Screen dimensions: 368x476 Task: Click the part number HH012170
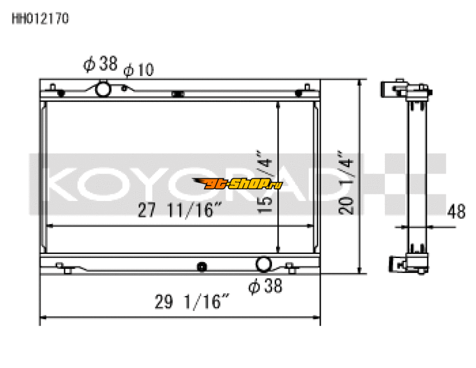(x=40, y=18)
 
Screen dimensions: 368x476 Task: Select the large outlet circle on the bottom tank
(x=263, y=264)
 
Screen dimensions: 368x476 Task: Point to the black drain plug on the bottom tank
(x=202, y=266)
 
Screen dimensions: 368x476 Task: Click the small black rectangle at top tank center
(x=177, y=93)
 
